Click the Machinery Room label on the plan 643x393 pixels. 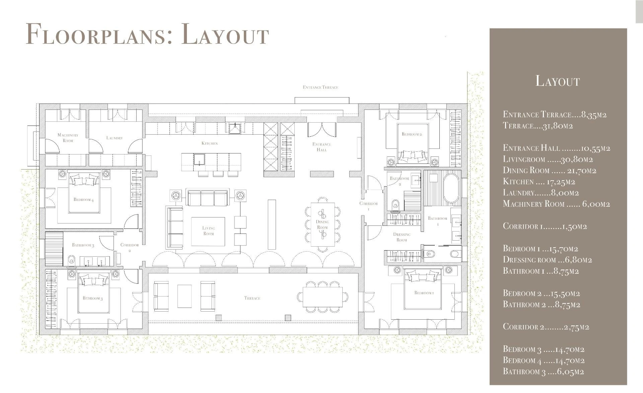68,138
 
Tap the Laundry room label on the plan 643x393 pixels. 115,138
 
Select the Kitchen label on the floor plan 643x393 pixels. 210,143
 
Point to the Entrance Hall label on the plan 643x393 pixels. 322,147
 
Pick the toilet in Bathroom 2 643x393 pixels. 396,204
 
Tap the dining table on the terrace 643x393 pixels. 323,297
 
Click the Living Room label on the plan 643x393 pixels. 209,231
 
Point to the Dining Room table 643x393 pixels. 323,224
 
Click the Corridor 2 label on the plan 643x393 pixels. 130,248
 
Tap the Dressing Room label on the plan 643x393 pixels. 402,237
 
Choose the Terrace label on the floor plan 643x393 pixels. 252,298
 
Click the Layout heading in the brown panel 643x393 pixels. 558,81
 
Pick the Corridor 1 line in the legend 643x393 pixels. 545,226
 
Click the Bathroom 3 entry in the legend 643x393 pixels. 543,371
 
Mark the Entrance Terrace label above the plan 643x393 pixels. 320,87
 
